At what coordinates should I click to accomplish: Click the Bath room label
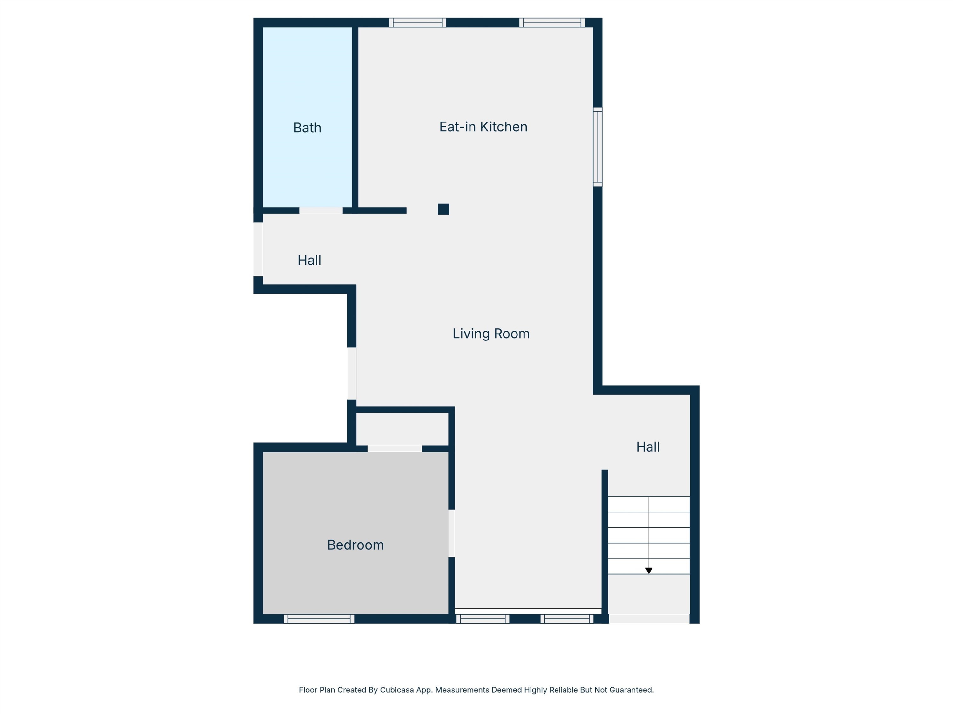coord(307,128)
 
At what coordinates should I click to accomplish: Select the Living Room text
coord(491,334)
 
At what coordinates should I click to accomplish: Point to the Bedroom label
coord(355,545)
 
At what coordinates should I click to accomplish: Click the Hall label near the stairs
coord(648,447)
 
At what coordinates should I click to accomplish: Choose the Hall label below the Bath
coord(309,261)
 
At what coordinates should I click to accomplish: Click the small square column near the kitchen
coord(443,209)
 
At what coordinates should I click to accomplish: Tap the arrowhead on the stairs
coord(649,571)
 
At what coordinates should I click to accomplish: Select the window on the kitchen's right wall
coord(598,147)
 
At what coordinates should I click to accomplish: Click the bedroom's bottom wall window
coord(319,619)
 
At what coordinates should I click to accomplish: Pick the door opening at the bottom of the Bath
coord(321,210)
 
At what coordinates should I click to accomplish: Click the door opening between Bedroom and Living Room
coord(451,533)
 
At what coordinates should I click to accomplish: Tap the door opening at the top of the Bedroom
coord(395,448)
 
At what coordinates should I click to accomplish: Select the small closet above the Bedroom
coord(402,429)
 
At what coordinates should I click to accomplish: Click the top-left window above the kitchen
coord(417,23)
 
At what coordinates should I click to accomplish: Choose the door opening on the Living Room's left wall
coord(352,374)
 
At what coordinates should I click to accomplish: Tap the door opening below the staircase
coord(649,619)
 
